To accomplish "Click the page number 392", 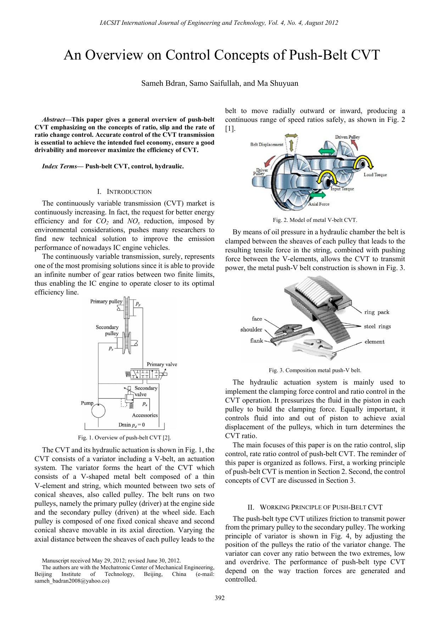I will (x=220, y=598).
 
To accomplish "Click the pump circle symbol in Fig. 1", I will (x=98, y=411).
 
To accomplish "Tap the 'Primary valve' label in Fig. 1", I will (x=162, y=364).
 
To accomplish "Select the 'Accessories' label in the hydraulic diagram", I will (x=145, y=415).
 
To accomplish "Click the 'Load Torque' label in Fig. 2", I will (x=375, y=175).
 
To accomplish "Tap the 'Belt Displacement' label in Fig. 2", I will (x=267, y=145).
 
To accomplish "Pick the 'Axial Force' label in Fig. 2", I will (x=319, y=204).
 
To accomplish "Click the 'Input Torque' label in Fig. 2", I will (x=342, y=189).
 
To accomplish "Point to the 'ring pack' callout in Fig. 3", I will (x=377, y=312).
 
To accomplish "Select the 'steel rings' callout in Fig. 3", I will (x=377, y=326).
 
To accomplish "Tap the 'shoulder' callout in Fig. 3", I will (x=251, y=330).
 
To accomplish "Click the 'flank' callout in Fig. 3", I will (x=256, y=341).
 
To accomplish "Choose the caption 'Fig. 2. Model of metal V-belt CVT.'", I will (x=315, y=220).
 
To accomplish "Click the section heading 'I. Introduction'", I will (x=124, y=192).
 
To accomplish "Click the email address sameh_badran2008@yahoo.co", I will (x=72, y=581).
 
